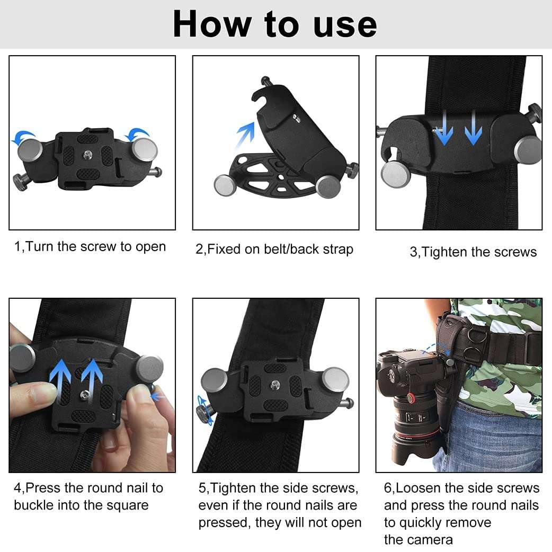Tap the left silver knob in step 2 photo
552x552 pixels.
click(x=225, y=185)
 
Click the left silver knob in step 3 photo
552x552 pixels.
click(x=393, y=172)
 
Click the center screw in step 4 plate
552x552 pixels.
click(x=85, y=394)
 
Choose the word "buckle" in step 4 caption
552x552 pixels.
click(x=36, y=505)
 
